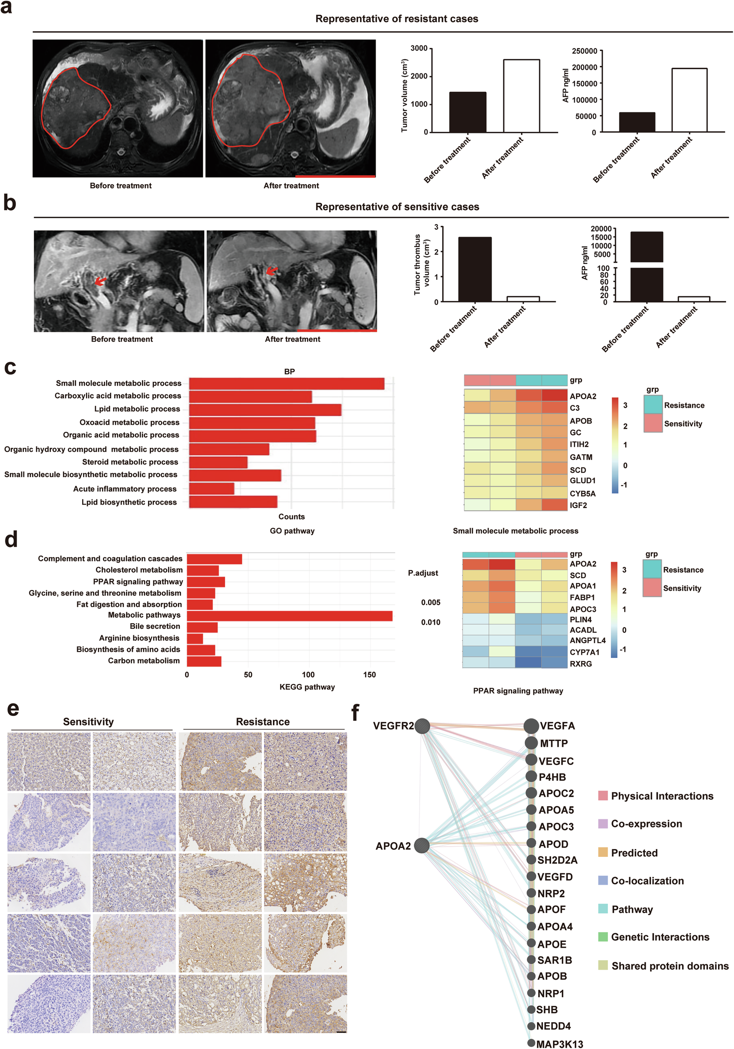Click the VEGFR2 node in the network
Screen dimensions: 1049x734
(x=422, y=726)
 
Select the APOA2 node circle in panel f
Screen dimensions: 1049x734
(x=422, y=845)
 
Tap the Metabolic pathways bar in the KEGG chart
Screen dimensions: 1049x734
(x=289, y=616)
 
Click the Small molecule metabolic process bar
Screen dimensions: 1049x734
(x=286, y=384)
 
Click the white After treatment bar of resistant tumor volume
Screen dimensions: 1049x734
(x=521, y=96)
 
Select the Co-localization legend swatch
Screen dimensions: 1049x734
(x=603, y=880)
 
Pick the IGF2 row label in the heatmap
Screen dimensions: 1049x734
(x=578, y=505)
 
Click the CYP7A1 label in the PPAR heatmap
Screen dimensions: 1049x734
(x=584, y=652)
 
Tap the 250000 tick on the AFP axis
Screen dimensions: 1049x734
(x=584, y=51)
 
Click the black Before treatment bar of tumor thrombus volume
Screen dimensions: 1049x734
(x=475, y=269)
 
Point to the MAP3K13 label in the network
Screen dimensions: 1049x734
(x=560, y=1044)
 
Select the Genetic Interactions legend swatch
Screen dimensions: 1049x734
(x=603, y=937)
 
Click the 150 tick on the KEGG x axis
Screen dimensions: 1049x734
(x=369, y=674)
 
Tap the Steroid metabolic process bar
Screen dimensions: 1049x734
(x=218, y=462)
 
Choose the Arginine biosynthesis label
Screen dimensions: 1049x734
(x=139, y=638)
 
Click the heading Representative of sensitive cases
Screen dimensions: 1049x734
(x=397, y=207)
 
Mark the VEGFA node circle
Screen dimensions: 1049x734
(x=531, y=726)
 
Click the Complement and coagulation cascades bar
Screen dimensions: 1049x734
(x=214, y=559)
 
